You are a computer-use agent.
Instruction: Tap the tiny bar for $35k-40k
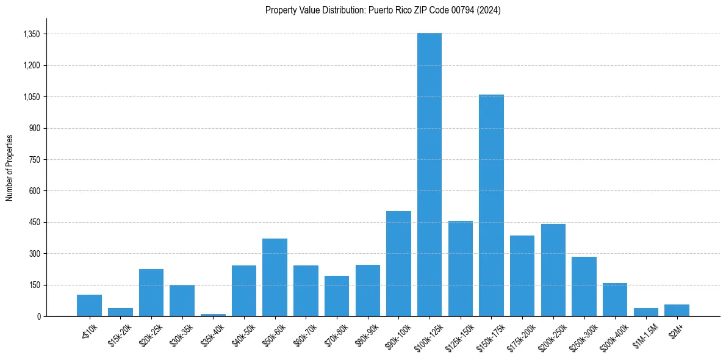pyautogui.click(x=213, y=315)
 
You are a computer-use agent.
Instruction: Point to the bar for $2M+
pyautogui.click(x=677, y=310)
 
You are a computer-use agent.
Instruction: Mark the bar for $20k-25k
pyautogui.click(x=151, y=293)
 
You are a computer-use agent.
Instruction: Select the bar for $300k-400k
pyautogui.click(x=615, y=300)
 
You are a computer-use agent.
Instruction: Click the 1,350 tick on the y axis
pyautogui.click(x=31, y=34)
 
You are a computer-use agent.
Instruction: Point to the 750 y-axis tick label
pyautogui.click(x=34, y=160)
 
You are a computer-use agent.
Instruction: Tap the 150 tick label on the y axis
pyautogui.click(x=34, y=285)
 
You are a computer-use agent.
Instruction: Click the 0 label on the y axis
pyautogui.click(x=38, y=316)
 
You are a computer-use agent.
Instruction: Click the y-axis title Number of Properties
pyautogui.click(x=9, y=168)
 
